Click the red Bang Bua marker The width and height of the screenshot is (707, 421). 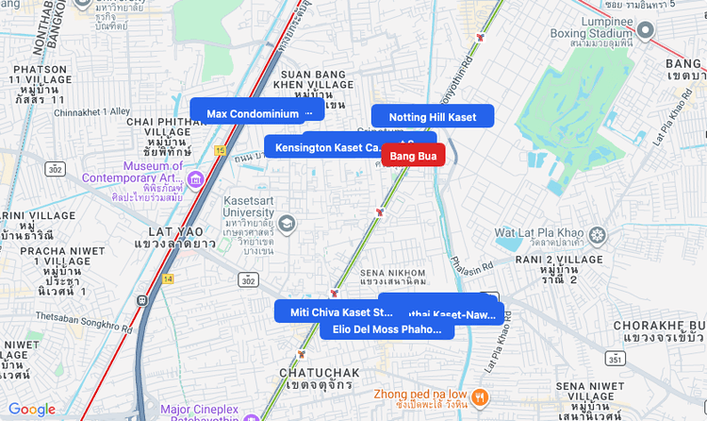tap(413, 155)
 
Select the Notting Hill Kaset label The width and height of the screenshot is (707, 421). tap(433, 117)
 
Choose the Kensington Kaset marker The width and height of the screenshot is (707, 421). tap(325, 147)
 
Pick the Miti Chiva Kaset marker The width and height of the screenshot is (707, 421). tap(340, 312)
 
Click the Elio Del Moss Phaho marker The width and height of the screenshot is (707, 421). tap(386, 329)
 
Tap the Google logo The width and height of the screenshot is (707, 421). tap(32, 410)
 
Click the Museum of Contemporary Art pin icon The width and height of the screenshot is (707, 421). tap(196, 179)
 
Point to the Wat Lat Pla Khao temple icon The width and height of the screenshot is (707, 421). tap(597, 233)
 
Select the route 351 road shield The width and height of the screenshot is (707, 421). tap(614, 360)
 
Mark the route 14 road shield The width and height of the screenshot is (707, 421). tap(167, 278)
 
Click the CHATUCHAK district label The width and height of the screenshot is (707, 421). tap(316, 374)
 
